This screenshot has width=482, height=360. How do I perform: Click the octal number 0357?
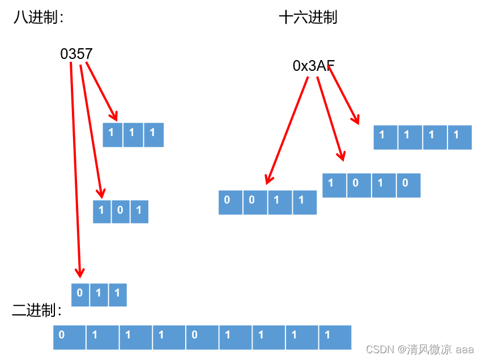point(76,54)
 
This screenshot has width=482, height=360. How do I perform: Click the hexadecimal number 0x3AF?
point(313,66)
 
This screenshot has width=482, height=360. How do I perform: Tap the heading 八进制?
point(38,18)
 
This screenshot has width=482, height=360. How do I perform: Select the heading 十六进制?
point(308,18)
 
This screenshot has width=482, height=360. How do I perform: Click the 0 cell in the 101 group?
point(120,211)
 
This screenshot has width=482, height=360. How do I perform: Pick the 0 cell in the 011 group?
point(80,294)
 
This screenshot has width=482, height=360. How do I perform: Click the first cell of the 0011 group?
point(231,202)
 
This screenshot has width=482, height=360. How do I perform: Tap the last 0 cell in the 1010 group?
point(408,185)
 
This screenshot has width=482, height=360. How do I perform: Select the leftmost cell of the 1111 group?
point(385,137)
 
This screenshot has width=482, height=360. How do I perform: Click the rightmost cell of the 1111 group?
point(459,137)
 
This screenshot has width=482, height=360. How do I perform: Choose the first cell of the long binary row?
point(69,337)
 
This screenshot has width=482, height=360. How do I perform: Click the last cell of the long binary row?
point(335,337)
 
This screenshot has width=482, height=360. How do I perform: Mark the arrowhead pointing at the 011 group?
point(80,273)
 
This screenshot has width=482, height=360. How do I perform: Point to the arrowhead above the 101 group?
point(101,193)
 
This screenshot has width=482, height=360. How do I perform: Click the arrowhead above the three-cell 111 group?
point(115,116)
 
